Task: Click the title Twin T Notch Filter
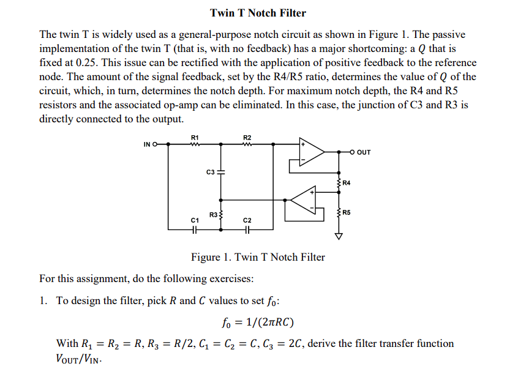point(258,12)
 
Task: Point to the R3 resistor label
point(212,214)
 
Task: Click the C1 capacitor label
point(194,219)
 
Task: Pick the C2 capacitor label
point(247,219)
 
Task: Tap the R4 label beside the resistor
point(347,183)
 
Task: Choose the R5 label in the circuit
point(347,212)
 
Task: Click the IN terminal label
point(146,144)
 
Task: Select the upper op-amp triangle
point(314,152)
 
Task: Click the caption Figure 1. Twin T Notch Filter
point(258,257)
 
